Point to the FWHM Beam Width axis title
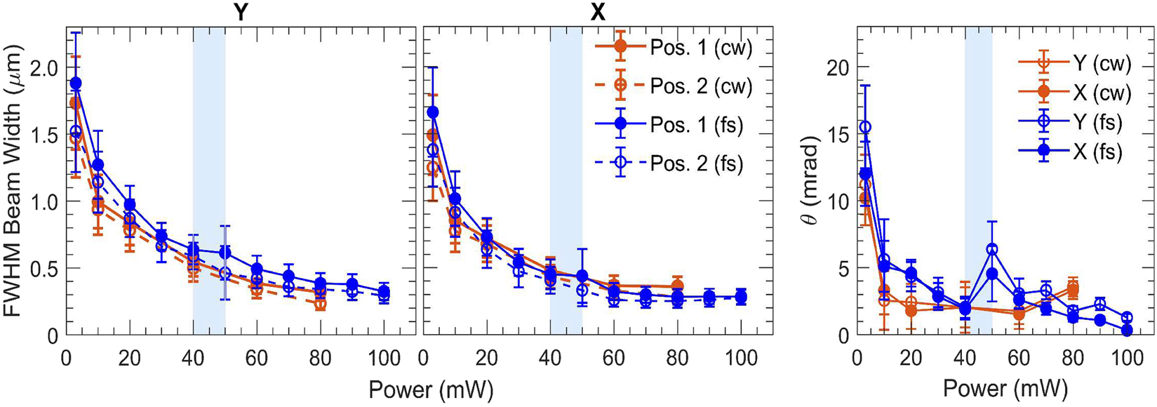(15, 181)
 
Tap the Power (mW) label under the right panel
(1005, 389)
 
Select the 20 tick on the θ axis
(838, 67)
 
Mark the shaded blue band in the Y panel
(209, 181)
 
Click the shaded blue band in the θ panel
(978, 181)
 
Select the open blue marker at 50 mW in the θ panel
(991, 249)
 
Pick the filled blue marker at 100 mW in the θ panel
(1127, 330)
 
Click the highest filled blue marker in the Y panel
(76, 84)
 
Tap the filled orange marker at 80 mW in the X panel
(676, 286)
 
